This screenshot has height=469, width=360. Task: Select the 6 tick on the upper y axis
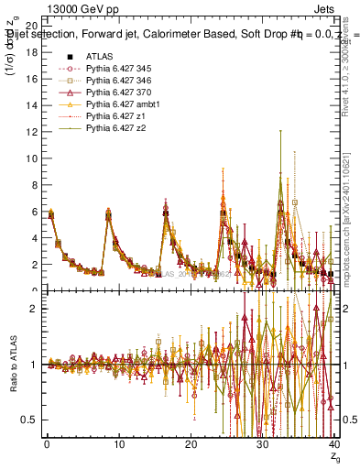pyautogui.click(x=34, y=213)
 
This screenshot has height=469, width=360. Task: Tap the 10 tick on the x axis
pyautogui.click(x=118, y=444)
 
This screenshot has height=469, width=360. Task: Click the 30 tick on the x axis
pyautogui.click(x=262, y=444)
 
